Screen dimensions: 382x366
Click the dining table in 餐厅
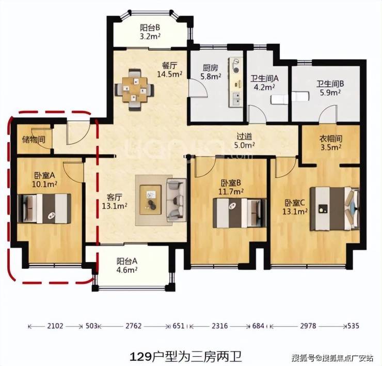coord(135,89)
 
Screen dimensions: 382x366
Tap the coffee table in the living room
coord(151,200)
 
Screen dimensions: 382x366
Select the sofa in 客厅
coord(176,200)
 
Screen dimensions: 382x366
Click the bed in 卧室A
coord(44,209)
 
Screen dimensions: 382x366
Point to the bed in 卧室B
coord(240,213)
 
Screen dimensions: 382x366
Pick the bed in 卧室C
coord(335,209)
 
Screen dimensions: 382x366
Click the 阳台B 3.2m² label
coord(150,32)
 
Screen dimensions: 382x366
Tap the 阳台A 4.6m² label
coord(126,266)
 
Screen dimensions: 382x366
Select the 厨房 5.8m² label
coord(211,72)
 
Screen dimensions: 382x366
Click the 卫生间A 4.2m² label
coord(265,83)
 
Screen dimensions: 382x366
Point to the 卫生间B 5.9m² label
coord(330,88)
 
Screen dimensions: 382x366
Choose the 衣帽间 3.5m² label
coord(330,143)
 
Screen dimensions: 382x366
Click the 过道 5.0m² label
coord(244,141)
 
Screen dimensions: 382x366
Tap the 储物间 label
coord(34,140)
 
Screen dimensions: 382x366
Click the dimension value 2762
coord(133,326)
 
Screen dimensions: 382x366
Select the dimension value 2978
coord(308,326)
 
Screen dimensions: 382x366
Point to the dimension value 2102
coord(55,326)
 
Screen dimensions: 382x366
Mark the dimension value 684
coord(258,326)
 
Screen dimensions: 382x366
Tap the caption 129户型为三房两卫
coord(186,357)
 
